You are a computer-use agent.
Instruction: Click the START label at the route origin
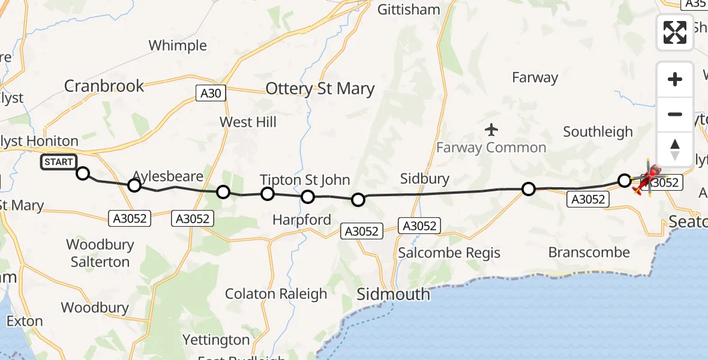point(59,162)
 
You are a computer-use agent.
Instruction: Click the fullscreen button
point(675,32)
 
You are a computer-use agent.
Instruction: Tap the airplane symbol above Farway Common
point(491,129)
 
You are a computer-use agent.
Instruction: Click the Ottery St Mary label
point(320,89)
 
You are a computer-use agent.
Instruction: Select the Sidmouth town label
point(393,295)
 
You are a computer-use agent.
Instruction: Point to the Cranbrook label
point(104,86)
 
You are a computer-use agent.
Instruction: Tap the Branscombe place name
point(589,253)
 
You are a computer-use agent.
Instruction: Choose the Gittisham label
point(408,10)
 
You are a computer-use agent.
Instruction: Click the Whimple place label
point(178,46)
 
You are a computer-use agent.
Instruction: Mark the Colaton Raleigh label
point(276,294)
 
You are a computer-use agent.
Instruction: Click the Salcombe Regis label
point(449,253)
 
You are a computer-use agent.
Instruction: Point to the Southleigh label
point(598,132)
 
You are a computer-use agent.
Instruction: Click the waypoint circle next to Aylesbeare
point(134,185)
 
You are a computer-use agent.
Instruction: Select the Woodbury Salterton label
point(100,253)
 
